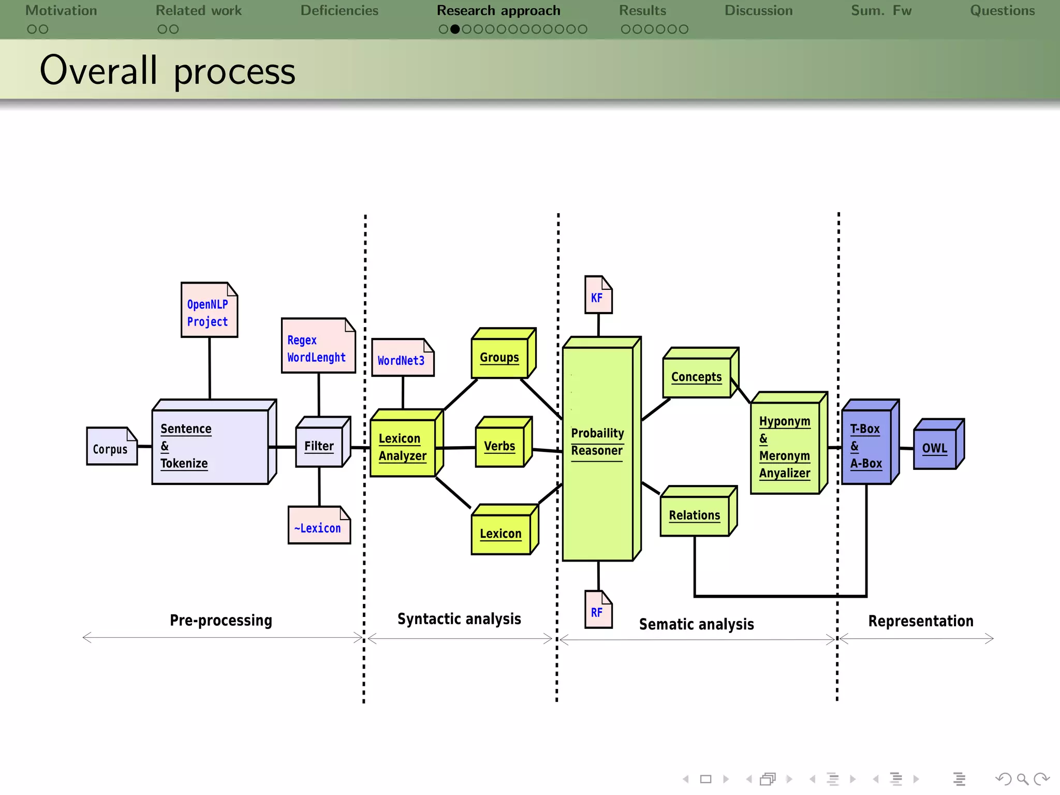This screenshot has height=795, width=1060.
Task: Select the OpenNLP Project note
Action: pos(209,311)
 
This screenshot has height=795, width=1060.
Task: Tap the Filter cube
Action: pos(319,446)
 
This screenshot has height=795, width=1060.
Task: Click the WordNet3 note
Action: pos(402,359)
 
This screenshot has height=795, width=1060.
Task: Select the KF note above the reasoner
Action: pos(598,296)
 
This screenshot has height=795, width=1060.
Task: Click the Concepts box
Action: pos(697,377)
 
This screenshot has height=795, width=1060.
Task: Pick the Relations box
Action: pos(695,515)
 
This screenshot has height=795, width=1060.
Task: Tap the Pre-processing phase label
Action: pos(221,620)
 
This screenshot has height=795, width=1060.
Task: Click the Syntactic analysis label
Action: pos(459,619)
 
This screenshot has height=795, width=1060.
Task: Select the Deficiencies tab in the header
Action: pos(340,10)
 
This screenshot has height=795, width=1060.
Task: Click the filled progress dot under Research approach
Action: pos(455,29)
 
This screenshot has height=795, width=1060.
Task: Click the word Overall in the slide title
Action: pos(98,70)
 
